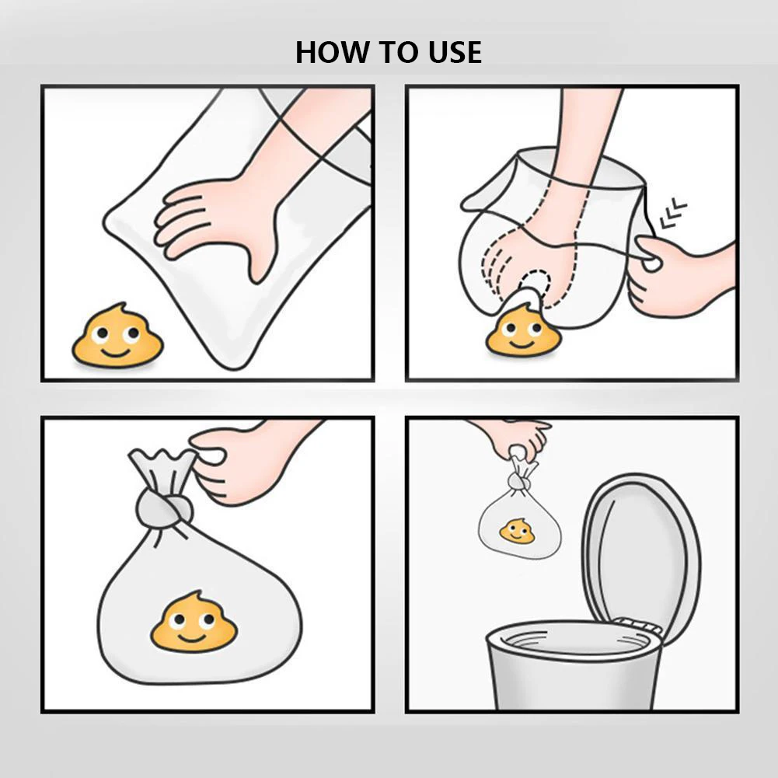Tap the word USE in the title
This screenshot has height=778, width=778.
point(455,52)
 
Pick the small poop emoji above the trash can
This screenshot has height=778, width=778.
point(517,531)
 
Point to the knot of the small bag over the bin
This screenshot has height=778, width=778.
point(518,481)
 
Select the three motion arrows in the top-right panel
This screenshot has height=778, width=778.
point(673,213)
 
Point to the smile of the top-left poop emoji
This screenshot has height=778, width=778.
point(115,353)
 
